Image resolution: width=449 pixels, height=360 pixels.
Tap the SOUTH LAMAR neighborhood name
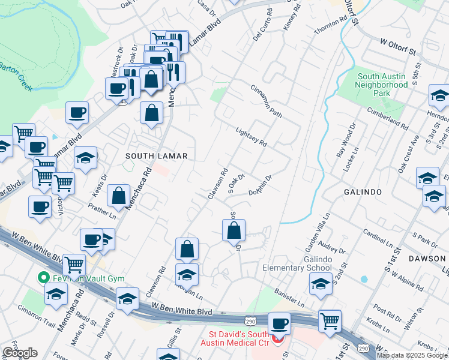pos(156,156)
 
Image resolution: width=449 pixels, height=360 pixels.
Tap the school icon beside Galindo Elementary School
pos(321,284)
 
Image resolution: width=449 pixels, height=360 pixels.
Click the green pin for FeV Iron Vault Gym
pos(43,277)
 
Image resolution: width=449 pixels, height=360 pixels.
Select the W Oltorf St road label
pos(398,47)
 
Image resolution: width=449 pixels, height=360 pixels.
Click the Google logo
pos(20,352)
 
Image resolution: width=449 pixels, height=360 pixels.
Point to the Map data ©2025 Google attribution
pos(412,355)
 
